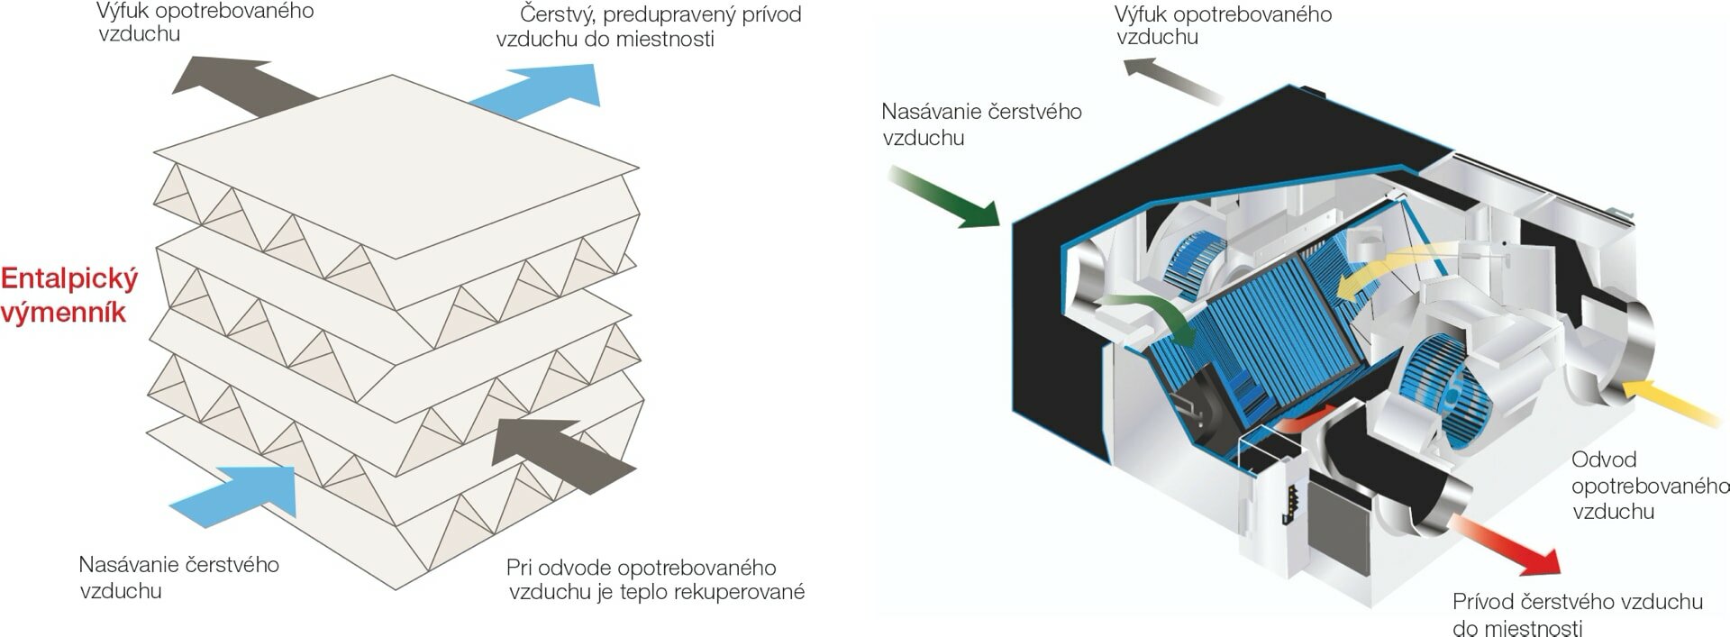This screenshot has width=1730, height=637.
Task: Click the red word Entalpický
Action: tap(70, 279)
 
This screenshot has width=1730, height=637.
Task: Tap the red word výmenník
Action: tap(63, 314)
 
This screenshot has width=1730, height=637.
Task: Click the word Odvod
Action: tap(1603, 460)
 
